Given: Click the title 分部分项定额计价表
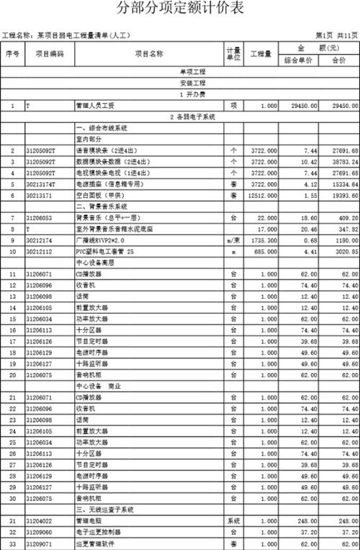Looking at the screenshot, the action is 180,10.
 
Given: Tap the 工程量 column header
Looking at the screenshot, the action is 259,54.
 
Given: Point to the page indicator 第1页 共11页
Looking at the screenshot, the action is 336,34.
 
